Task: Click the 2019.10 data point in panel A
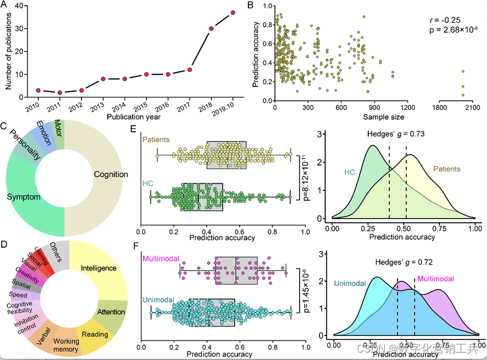coord(233,12)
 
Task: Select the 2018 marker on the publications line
coord(211,28)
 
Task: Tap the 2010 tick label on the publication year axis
coord(33,107)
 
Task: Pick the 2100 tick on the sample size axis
coord(472,107)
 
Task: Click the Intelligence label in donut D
coord(99,268)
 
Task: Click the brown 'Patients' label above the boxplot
coord(157,139)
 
